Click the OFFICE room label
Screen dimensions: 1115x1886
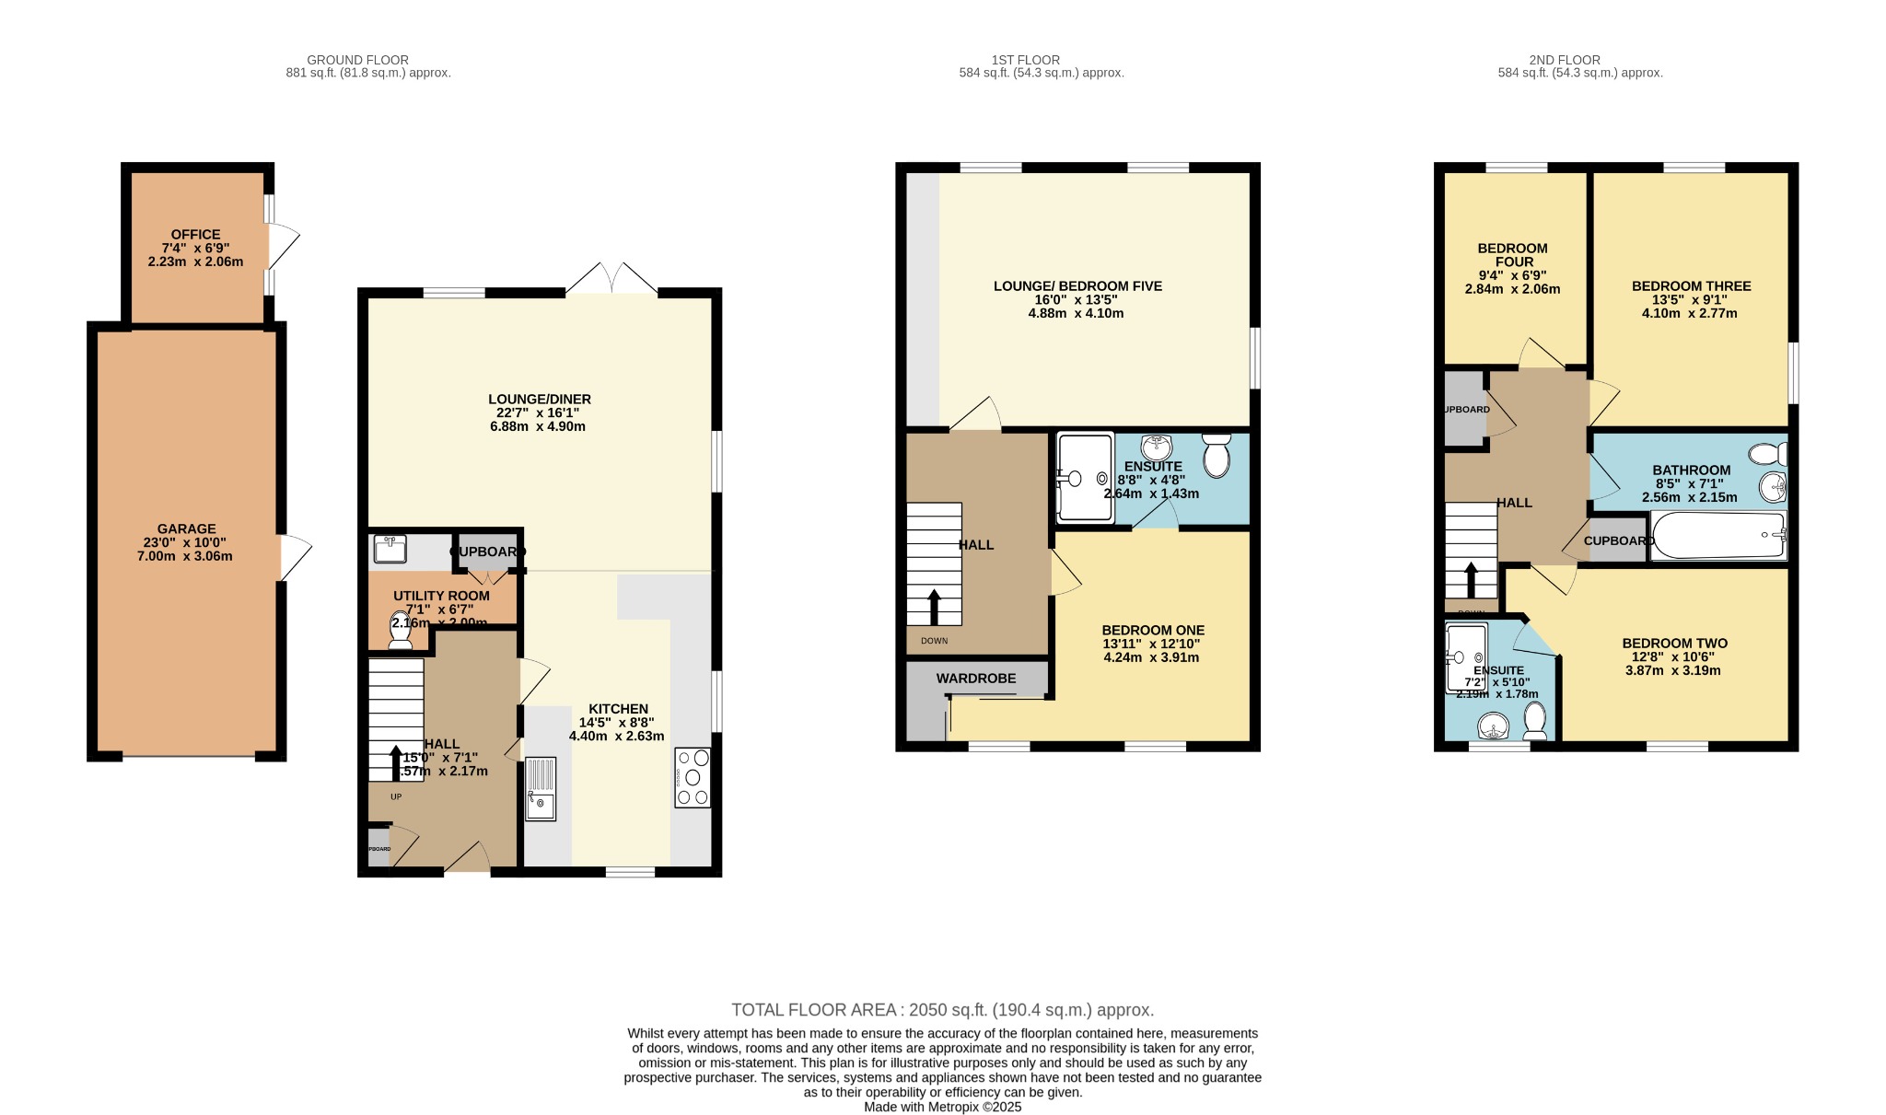(x=195, y=235)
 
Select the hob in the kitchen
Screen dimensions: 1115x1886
(x=693, y=777)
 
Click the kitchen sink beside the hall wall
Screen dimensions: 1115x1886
(x=541, y=788)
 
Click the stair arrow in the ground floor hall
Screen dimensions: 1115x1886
(x=396, y=762)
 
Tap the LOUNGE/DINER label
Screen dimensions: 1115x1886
(x=539, y=399)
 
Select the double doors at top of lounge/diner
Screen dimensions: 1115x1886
(x=611, y=279)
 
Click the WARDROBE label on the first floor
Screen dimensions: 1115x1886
(x=976, y=679)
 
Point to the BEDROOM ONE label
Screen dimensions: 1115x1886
(x=1153, y=631)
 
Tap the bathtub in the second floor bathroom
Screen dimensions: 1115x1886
(x=1718, y=536)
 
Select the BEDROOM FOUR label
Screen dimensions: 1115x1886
(x=1512, y=255)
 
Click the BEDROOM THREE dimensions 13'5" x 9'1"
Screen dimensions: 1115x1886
(x=1691, y=299)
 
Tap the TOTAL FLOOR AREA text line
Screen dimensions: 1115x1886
(x=942, y=1010)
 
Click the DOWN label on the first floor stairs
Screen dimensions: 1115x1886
(x=934, y=641)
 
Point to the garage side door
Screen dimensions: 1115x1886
(x=295, y=557)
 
